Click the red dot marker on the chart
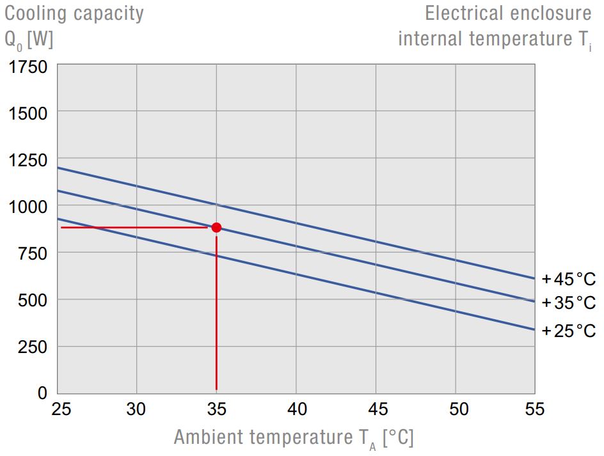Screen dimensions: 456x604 pyautogui.click(x=216, y=227)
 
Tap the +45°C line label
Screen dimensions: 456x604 pyautogui.click(x=568, y=279)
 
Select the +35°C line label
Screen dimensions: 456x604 pyautogui.click(x=568, y=303)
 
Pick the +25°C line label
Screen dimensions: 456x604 pyautogui.click(x=568, y=331)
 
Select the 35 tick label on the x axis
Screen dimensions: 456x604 pyautogui.click(x=216, y=409)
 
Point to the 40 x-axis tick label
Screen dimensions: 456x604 pyautogui.click(x=296, y=409)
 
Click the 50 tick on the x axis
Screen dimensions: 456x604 pyautogui.click(x=455, y=409)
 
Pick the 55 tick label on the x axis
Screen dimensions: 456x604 pyautogui.click(x=534, y=409)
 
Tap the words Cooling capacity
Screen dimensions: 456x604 pyautogui.click(x=74, y=13)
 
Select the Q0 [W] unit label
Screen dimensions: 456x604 pyautogui.click(x=29, y=40)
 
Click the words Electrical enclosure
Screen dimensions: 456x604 pyautogui.click(x=508, y=13)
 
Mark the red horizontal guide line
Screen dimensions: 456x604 pyautogui.click(x=134, y=227)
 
